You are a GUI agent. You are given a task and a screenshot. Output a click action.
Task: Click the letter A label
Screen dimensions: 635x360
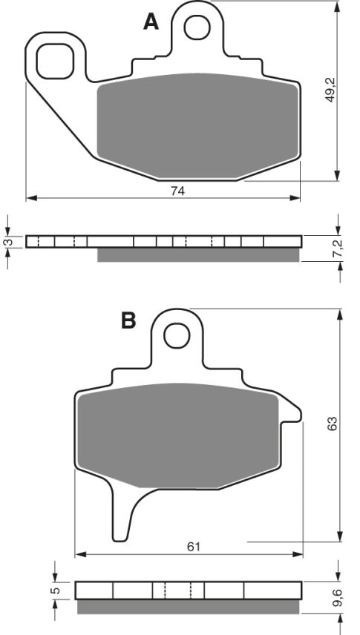(151, 23)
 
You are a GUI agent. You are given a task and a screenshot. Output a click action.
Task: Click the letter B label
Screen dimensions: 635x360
(129, 320)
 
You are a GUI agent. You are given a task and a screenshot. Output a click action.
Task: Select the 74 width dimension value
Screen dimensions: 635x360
(177, 191)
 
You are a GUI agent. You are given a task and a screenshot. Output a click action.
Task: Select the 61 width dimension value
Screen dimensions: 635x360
(193, 547)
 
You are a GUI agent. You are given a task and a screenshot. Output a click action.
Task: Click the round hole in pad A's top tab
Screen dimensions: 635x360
(197, 27)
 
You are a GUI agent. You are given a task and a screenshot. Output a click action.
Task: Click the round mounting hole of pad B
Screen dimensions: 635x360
(177, 336)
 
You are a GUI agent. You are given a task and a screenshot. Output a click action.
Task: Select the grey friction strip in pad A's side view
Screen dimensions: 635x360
(199, 254)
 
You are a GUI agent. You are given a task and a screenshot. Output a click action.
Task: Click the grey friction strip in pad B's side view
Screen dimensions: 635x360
(189, 607)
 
